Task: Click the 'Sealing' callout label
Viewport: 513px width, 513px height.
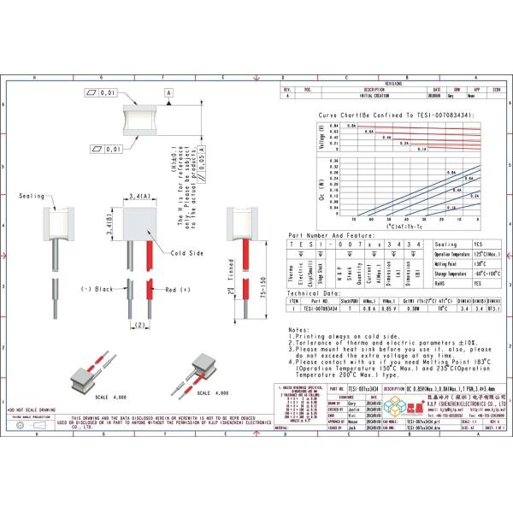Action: click(31, 196)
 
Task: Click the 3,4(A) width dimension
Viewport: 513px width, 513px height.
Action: click(140, 196)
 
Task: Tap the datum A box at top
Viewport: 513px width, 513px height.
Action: click(168, 91)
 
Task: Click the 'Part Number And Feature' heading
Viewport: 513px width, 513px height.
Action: click(332, 233)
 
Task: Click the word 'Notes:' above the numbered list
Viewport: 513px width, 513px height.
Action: click(298, 328)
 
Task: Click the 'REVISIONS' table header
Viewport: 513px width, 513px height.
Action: click(395, 84)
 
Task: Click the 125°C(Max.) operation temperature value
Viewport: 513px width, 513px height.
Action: click(489, 254)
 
